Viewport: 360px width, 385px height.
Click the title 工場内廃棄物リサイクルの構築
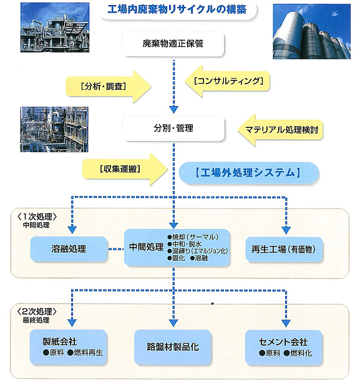point(177,10)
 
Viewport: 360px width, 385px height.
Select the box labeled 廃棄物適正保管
point(173,44)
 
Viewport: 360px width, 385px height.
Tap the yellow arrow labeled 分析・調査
point(109,87)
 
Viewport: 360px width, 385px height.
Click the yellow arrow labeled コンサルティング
point(227,81)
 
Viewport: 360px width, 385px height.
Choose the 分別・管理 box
point(173,129)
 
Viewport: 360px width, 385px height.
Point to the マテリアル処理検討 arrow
point(280,130)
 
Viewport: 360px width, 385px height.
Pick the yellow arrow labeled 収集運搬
point(125,169)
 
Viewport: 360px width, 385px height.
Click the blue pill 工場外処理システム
point(248,173)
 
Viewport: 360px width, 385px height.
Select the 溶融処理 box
point(69,249)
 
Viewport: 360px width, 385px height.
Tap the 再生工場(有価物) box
point(284,250)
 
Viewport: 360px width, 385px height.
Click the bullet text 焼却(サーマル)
point(193,237)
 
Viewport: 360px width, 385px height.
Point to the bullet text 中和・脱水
point(185,244)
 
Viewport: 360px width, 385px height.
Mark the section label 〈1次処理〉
point(37,217)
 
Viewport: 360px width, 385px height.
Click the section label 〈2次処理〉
point(37,311)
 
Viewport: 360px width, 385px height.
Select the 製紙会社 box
point(69,347)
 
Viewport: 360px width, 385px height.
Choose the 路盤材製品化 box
point(173,347)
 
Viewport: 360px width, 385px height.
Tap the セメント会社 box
point(283,347)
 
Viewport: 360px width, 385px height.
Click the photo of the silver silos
point(311,31)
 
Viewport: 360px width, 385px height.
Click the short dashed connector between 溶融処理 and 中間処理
point(116,249)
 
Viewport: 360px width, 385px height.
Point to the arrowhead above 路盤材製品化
point(173,323)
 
